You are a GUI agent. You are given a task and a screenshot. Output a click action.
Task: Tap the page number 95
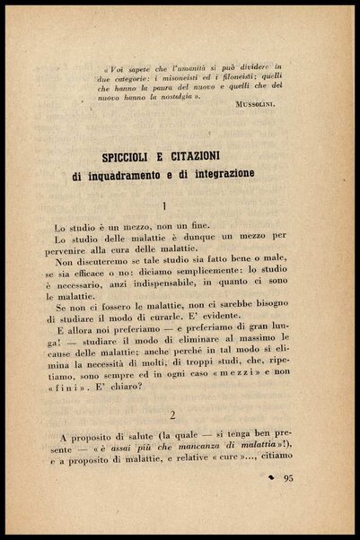click(x=287, y=478)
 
